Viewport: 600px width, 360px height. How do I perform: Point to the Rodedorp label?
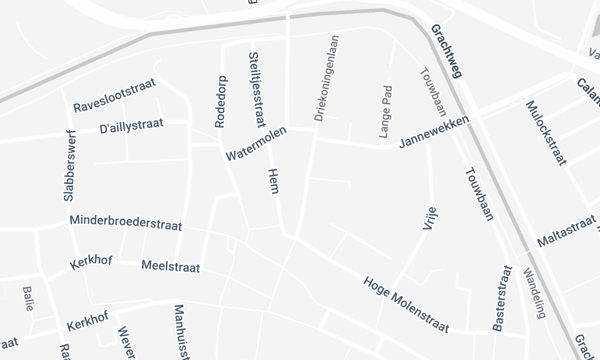[221, 102]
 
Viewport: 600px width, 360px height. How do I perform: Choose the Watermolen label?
[256, 146]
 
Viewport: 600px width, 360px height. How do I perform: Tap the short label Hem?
[273, 181]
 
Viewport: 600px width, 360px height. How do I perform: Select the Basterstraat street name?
[501, 297]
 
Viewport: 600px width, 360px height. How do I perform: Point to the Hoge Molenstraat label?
[405, 304]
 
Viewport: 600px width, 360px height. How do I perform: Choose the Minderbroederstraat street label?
[124, 222]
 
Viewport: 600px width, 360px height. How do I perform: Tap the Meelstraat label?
[171, 268]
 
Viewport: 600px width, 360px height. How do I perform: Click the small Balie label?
[27, 298]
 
